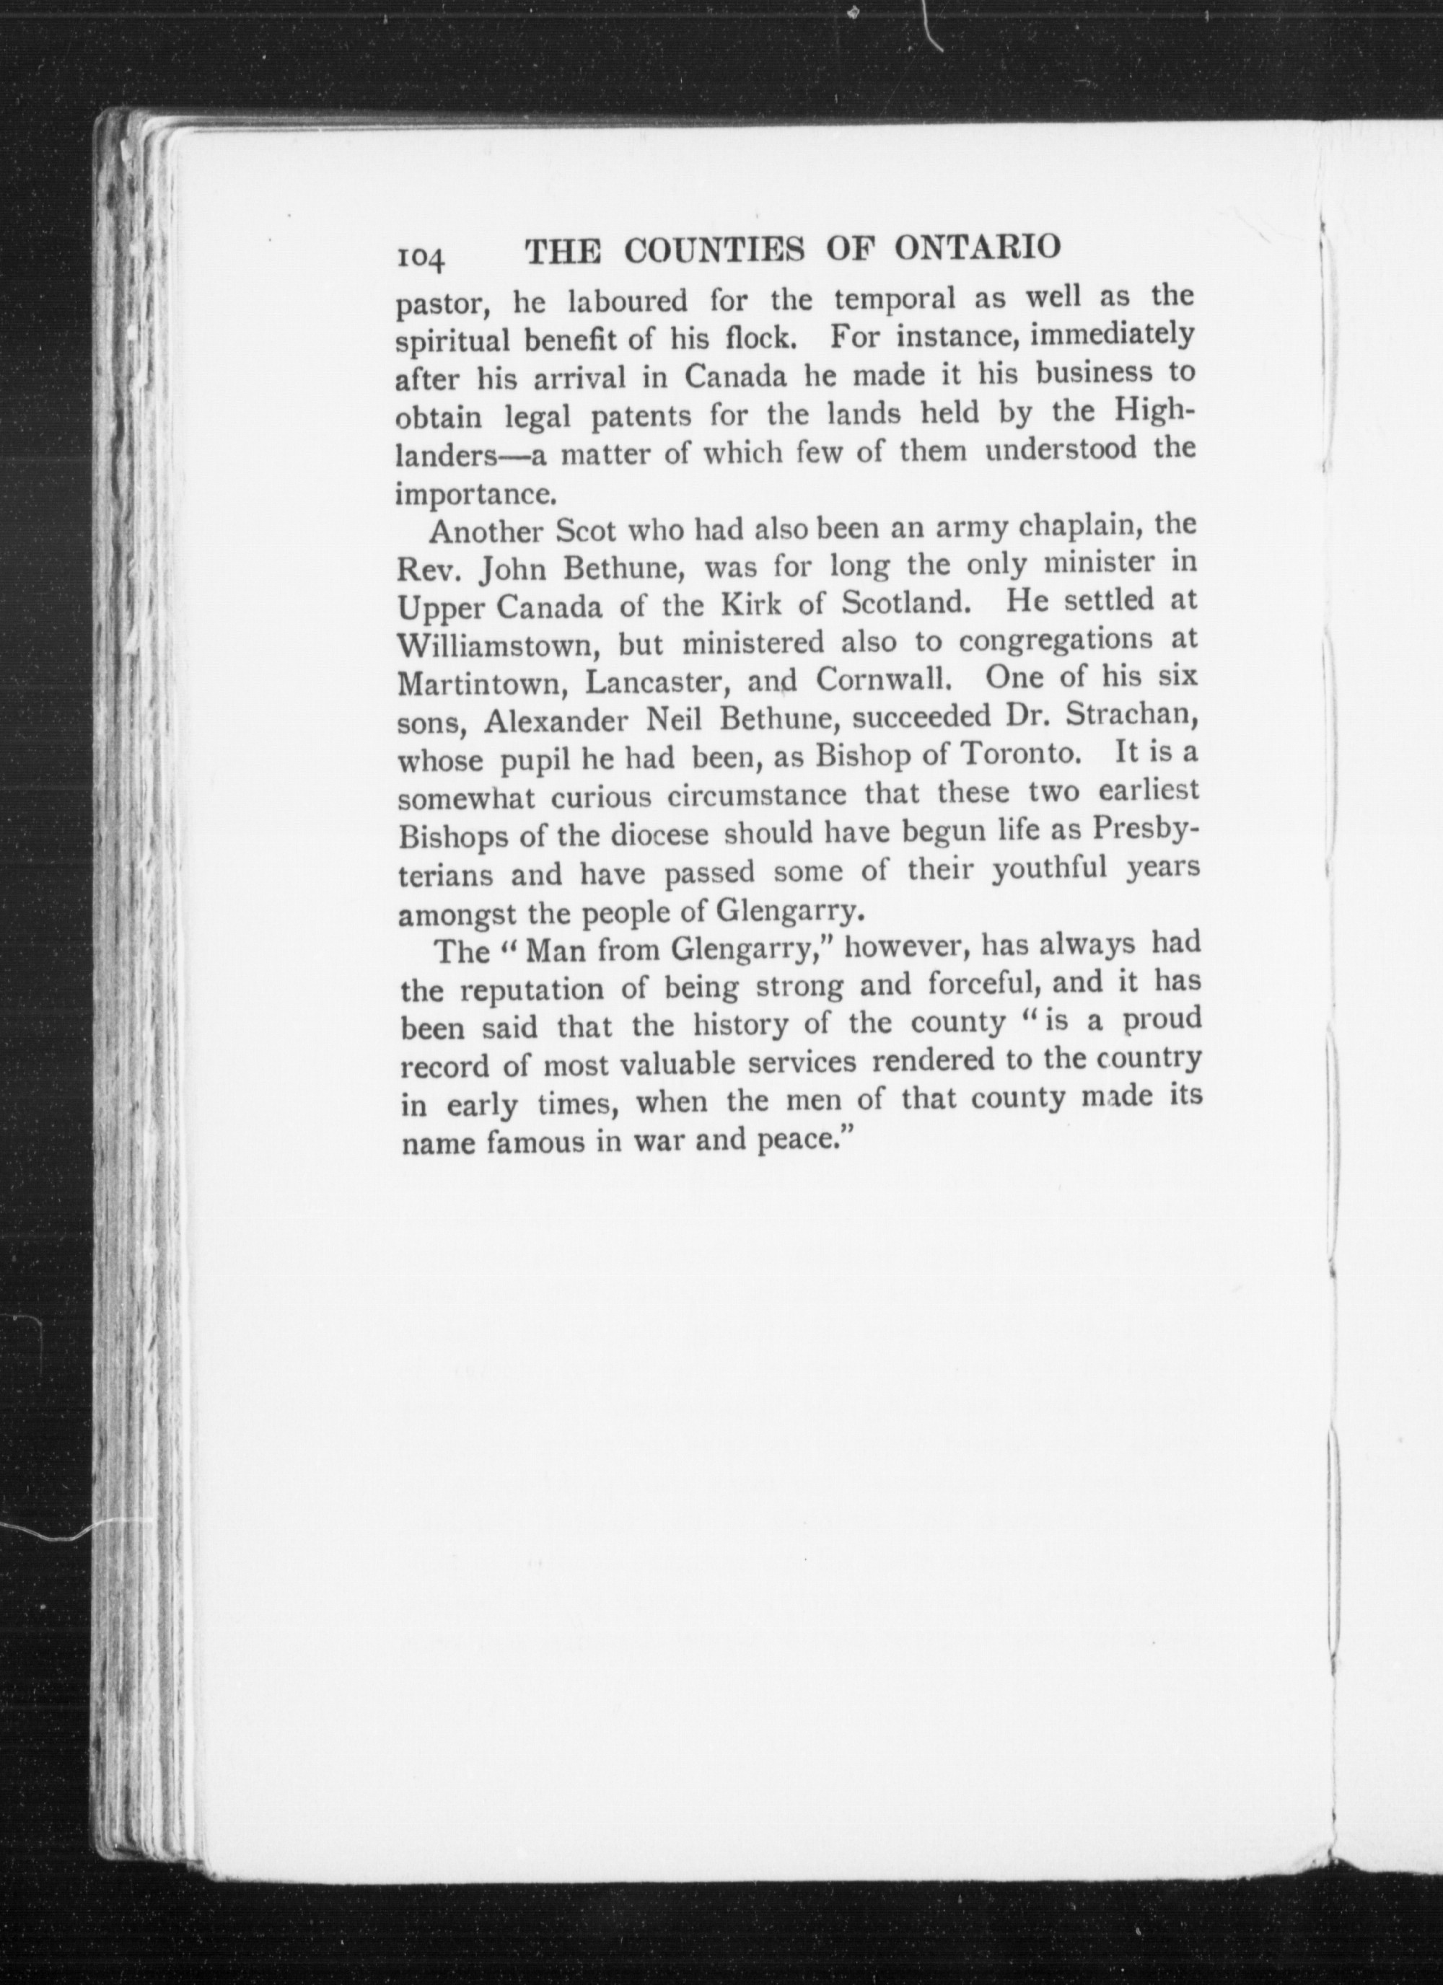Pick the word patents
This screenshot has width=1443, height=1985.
tap(640, 415)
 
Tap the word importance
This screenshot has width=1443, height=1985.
tap(475, 495)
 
